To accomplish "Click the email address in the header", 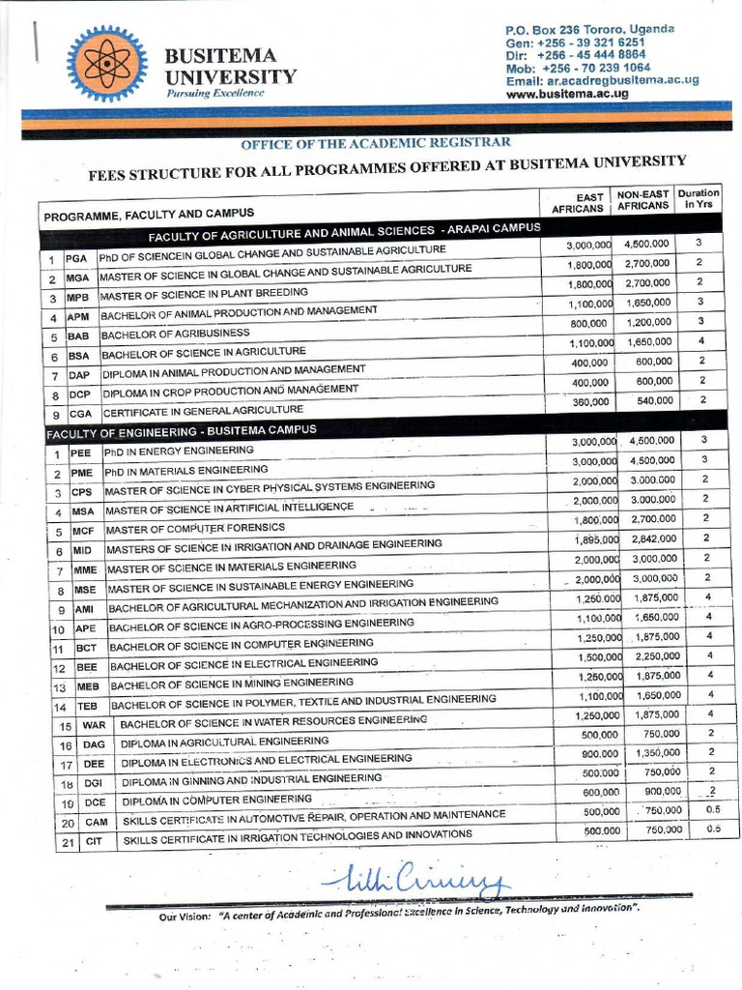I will click(602, 81).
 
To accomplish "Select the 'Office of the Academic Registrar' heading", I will click(375, 141).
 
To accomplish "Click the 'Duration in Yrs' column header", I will click(698, 199).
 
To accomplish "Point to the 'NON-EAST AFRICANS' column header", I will click(642, 200).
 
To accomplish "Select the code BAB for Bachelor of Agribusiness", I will click(78, 337).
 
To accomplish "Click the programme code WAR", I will click(94, 725).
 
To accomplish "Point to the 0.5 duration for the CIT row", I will click(713, 829).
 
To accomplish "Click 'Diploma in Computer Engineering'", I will click(216, 801).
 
